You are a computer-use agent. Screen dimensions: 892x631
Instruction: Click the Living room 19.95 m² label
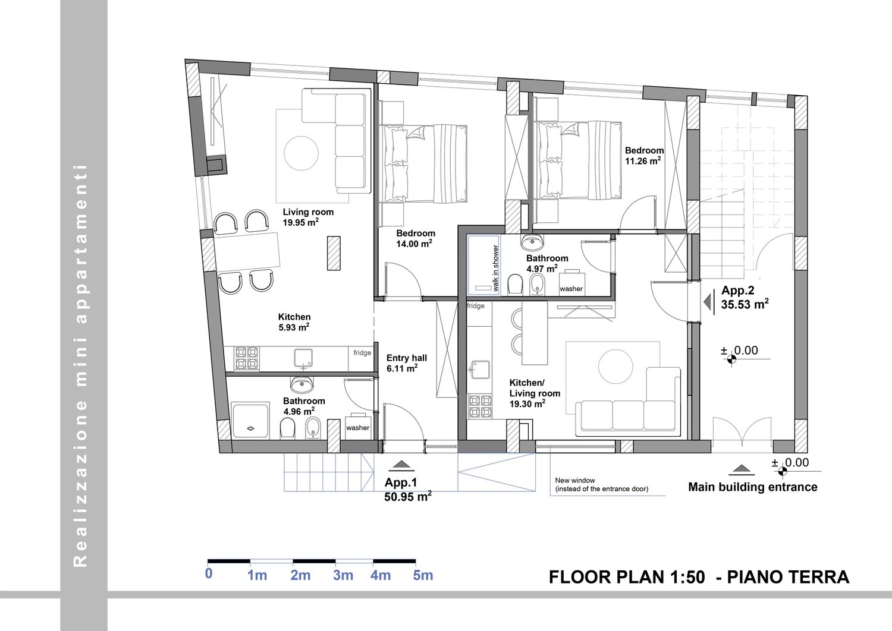308,217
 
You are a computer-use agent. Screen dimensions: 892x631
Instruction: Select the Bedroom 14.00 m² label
415,239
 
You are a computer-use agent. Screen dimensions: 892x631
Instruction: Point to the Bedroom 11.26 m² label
644,156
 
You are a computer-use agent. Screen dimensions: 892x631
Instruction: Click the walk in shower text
495,268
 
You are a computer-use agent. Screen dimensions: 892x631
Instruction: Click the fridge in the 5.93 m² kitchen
362,358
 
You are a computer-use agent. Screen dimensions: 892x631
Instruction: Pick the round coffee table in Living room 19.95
301,153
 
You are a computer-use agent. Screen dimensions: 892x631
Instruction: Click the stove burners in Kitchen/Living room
479,406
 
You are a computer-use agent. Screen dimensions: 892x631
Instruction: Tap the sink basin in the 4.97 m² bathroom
532,241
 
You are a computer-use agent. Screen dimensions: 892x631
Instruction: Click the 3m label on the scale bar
343,575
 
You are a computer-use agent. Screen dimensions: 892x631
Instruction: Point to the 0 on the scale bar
209,574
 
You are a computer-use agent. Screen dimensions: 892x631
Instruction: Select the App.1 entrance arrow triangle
401,464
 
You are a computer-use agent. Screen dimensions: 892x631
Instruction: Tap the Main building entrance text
753,487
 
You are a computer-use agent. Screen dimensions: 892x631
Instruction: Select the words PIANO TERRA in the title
788,578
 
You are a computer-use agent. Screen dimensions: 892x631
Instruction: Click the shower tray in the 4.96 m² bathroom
250,421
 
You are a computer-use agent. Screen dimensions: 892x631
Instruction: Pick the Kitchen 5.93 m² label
294,322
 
